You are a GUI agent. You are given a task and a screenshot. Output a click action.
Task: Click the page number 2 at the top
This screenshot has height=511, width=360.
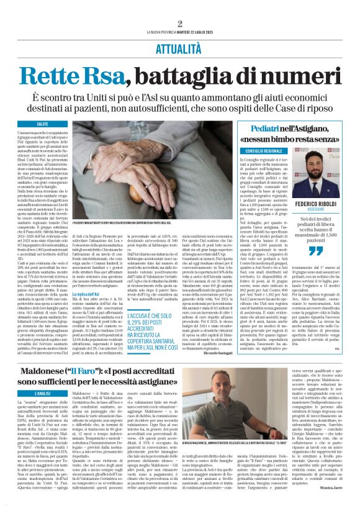pyautogui.click(x=179, y=24)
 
